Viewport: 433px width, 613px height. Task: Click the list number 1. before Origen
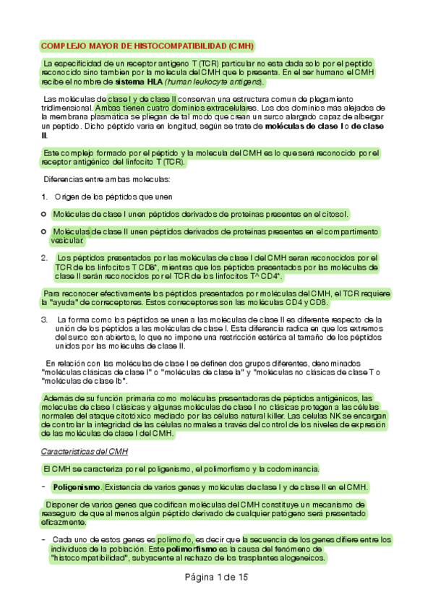pyautogui.click(x=44, y=197)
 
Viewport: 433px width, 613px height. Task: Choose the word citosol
pyautogui.click(x=332, y=214)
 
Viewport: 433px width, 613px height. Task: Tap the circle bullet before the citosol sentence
pyautogui.click(x=44, y=214)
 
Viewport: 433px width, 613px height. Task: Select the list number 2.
pyautogui.click(x=44, y=257)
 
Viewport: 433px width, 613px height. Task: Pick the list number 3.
pyautogui.click(x=44, y=319)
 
